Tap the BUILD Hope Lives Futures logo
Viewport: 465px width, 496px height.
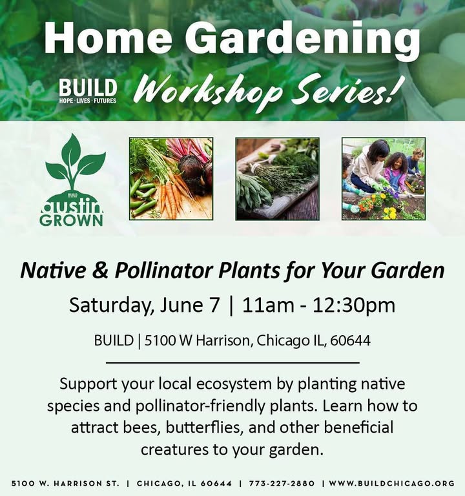click(88, 91)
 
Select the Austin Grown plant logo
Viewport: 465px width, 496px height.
click(72, 180)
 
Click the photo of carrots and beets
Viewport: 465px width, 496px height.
click(170, 179)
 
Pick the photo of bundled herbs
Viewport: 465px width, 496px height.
click(277, 179)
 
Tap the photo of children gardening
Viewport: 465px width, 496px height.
click(384, 179)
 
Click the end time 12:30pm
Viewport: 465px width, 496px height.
click(354, 306)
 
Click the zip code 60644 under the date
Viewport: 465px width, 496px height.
click(351, 341)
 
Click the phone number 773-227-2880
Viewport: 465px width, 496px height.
click(282, 483)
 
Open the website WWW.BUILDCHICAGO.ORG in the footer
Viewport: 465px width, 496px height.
click(392, 483)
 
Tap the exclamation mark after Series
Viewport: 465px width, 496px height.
click(391, 90)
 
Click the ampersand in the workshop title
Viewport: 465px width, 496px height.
click(101, 271)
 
